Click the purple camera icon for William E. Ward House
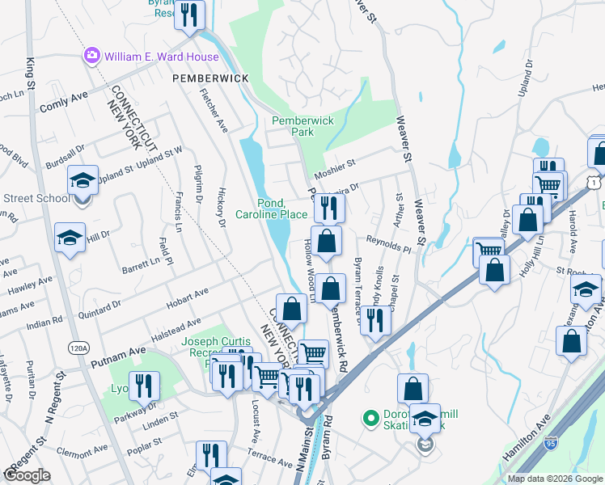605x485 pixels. pos(91,57)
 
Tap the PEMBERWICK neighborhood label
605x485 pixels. pos(208,78)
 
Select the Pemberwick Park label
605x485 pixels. pos(302,126)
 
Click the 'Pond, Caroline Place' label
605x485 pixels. pos(271,209)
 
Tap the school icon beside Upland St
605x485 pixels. pos(82,181)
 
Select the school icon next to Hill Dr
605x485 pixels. pos(70,238)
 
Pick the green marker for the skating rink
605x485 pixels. pos(371,418)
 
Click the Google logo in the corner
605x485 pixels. pos(27,475)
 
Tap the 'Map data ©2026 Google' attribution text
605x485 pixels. pos(554,479)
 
